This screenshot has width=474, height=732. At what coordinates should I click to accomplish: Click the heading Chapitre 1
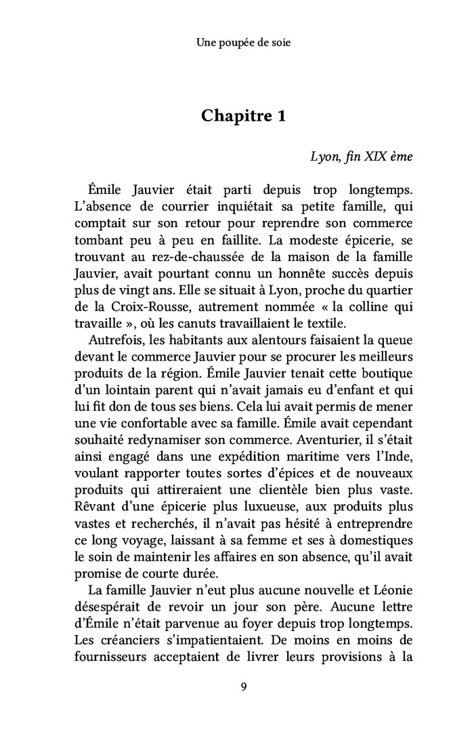point(243,116)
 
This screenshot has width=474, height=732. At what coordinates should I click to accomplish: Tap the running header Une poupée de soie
point(243,43)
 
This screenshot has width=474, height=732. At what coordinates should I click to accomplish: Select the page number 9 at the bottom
point(243,687)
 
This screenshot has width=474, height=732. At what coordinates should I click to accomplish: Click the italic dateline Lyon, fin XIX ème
point(361,155)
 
